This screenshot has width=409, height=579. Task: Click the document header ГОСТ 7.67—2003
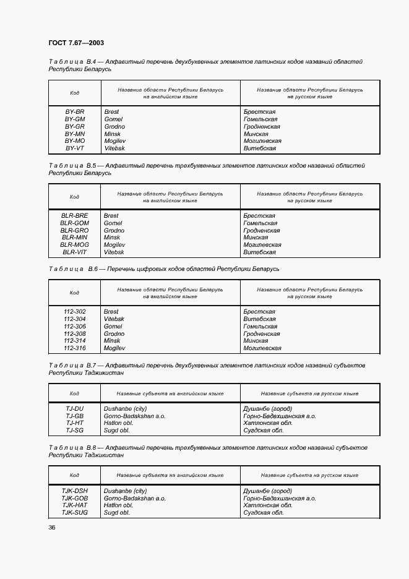point(76,43)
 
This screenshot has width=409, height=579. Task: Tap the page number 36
point(52,527)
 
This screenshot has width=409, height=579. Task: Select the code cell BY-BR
point(75,112)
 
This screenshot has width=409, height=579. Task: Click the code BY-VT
point(75,148)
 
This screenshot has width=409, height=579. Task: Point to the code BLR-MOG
point(75,245)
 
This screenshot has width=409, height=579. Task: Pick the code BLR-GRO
point(75,231)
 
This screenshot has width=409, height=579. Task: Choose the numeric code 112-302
point(75,312)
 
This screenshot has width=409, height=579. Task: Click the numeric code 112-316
point(75,348)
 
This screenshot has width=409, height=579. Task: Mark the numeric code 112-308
point(75,334)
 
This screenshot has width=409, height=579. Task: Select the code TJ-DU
point(75,409)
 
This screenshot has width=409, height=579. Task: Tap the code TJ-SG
point(75,430)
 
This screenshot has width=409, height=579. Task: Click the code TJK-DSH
point(75,491)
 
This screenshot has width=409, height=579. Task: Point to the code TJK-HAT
point(75,505)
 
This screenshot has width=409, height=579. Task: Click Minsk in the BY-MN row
point(112,134)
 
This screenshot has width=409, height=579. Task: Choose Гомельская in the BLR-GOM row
point(260,223)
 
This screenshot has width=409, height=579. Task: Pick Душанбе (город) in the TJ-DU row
point(268,409)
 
